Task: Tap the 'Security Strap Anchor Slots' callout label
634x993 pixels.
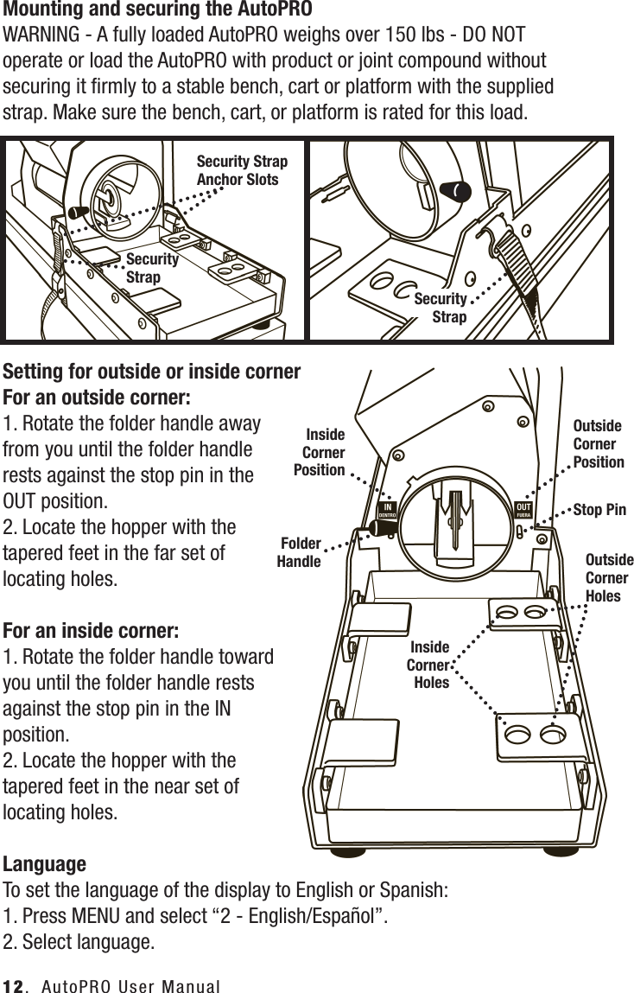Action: pos(242,170)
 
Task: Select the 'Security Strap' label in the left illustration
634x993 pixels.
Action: pos(152,268)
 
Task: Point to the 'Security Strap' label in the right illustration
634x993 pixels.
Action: pos(441,308)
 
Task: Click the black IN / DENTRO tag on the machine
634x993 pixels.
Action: pos(388,510)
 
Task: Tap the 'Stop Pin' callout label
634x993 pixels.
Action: pos(599,510)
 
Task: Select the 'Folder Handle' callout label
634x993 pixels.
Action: pos(299,552)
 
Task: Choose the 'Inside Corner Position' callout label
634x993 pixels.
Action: pos(320,452)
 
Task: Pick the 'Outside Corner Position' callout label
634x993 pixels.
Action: pos(598,443)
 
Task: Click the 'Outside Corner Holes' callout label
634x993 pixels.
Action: pos(608,577)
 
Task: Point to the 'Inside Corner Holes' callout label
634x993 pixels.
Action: pos(428,665)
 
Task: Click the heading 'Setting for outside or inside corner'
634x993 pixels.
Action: pos(153,372)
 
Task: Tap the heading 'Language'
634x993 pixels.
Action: pos(45,864)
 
